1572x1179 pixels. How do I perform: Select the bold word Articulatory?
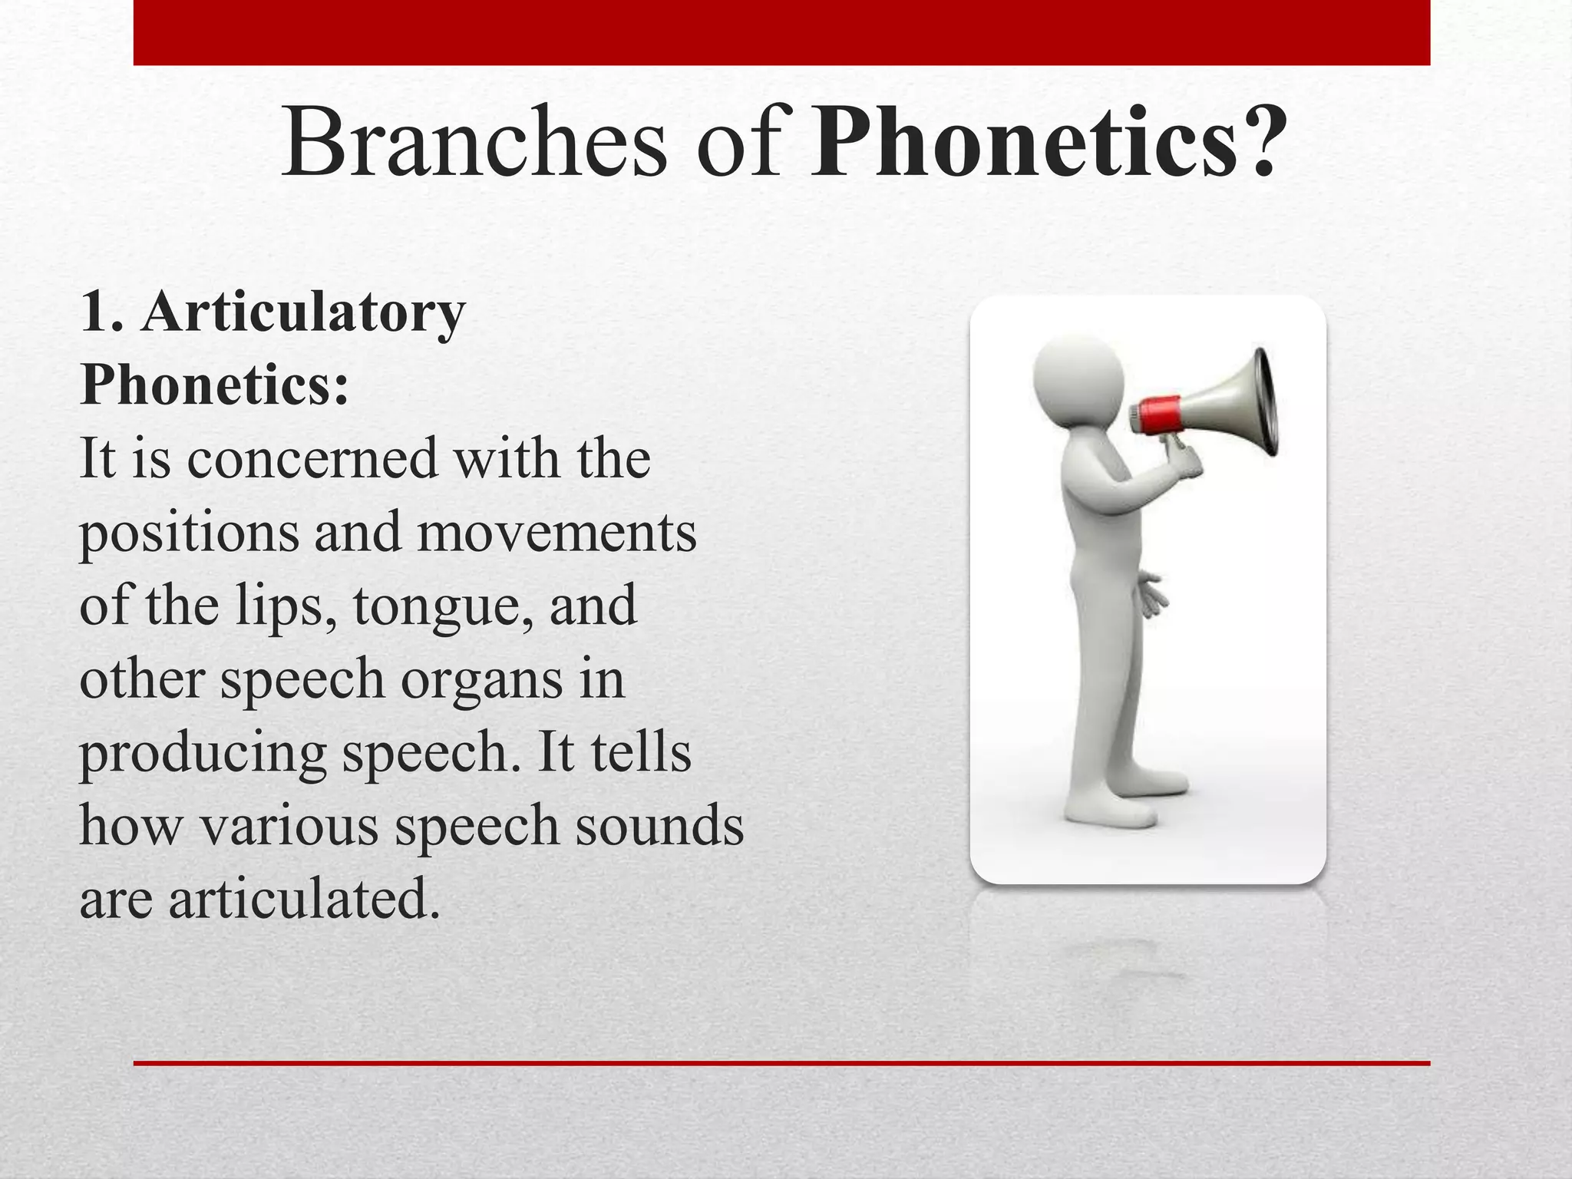click(302, 313)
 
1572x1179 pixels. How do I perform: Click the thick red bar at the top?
click(781, 32)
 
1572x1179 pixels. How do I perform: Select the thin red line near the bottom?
click(781, 1063)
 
